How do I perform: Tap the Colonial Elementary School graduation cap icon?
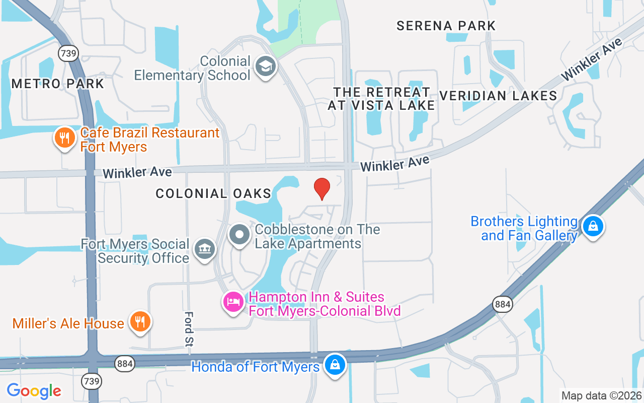click(x=265, y=66)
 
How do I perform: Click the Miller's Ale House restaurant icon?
click(x=139, y=321)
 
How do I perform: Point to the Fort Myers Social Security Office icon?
click(x=204, y=249)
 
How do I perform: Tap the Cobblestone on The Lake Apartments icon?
click(x=239, y=235)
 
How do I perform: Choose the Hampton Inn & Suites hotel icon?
click(x=233, y=302)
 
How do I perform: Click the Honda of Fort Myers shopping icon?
click(x=335, y=365)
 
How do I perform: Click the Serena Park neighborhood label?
click(x=446, y=26)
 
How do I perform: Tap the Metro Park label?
click(x=57, y=84)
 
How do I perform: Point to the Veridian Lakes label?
click(x=498, y=96)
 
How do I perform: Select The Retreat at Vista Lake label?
click(x=381, y=98)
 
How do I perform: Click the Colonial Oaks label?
click(x=213, y=193)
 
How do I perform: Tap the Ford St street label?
click(x=189, y=328)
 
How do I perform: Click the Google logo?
click(x=34, y=390)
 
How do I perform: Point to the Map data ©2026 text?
click(x=601, y=395)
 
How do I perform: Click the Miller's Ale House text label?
click(x=68, y=323)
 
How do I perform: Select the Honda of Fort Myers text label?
click(x=256, y=367)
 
